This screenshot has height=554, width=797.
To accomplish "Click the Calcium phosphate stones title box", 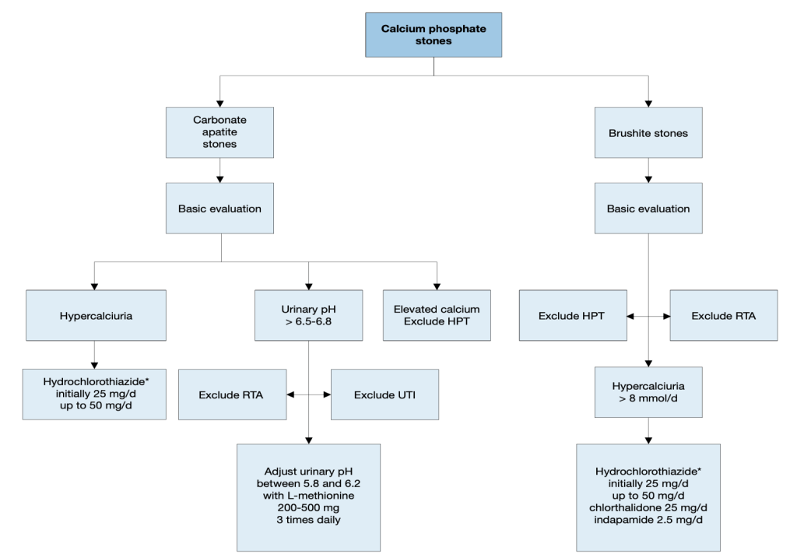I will (x=434, y=35).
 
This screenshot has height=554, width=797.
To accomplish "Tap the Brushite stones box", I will (x=648, y=132).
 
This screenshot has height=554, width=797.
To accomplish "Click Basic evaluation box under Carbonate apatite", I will (x=219, y=209).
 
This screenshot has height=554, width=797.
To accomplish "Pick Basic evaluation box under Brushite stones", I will (x=648, y=209).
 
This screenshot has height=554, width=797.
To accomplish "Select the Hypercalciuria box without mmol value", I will (x=96, y=316).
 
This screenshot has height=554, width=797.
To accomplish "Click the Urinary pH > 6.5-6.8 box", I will (x=309, y=316).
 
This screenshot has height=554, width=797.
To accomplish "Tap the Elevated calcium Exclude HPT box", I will (x=437, y=316).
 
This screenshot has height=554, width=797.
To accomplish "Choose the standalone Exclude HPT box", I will (x=573, y=316).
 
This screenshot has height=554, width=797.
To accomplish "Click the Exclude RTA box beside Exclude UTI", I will (x=232, y=394).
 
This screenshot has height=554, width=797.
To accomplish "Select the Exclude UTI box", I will (x=385, y=394).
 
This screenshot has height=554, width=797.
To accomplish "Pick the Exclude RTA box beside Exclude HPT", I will (x=723, y=316).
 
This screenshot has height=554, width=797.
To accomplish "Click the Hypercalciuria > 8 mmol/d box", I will (x=648, y=392).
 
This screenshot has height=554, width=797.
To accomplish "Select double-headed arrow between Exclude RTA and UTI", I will (x=309, y=394).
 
